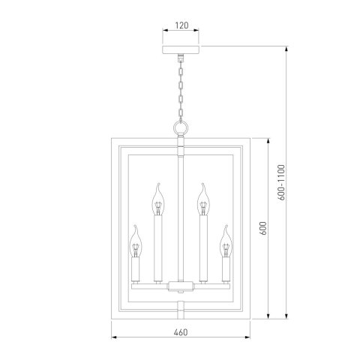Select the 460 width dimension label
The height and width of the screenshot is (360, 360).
point(180,331)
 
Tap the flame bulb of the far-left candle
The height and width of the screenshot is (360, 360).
point(136,241)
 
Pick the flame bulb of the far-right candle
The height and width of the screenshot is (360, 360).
point(225,241)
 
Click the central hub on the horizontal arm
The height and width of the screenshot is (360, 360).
point(181,284)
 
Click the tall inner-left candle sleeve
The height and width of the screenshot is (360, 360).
point(158,247)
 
